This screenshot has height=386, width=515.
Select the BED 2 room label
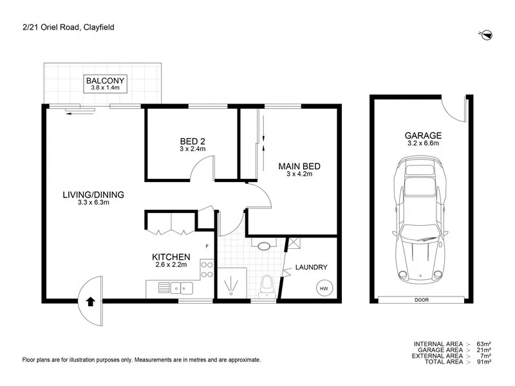[x=192, y=145]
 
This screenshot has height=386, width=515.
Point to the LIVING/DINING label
[x=93, y=198]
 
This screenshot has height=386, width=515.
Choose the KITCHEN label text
[x=171, y=259]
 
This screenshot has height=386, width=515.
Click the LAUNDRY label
[x=312, y=268]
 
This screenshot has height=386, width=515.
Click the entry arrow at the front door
[x=90, y=300]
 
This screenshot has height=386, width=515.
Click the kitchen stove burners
[x=207, y=269]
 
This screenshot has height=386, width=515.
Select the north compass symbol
[x=487, y=33]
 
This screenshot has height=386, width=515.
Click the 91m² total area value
[x=484, y=362]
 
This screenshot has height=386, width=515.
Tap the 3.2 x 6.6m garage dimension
[x=423, y=145]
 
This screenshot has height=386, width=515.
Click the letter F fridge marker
[x=207, y=246]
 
